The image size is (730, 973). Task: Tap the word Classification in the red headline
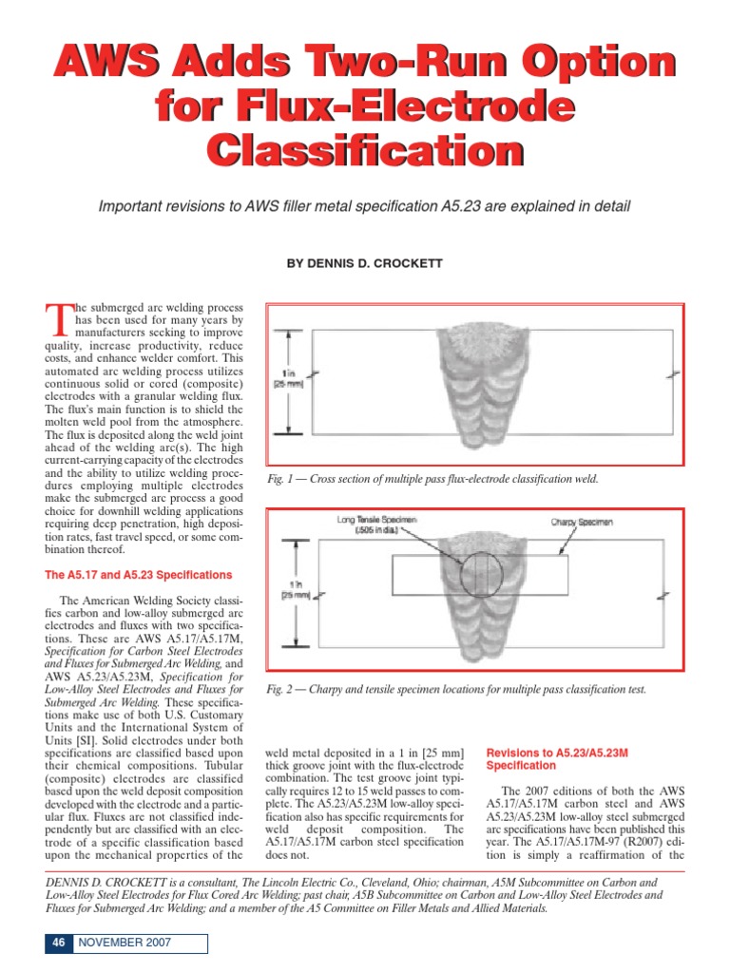[364, 152]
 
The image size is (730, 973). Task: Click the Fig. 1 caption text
[432, 479]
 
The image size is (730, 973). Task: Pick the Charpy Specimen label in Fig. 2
[582, 522]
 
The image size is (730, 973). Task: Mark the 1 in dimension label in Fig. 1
[289, 376]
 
